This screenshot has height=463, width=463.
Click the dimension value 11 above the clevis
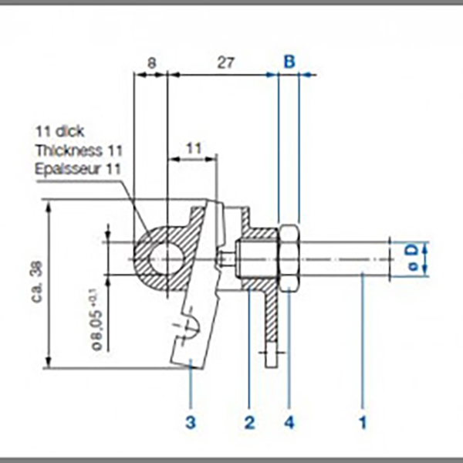[193, 146]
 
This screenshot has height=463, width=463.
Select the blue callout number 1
[362, 422]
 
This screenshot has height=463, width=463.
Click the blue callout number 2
[249, 422]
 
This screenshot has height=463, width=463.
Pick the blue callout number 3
[190, 422]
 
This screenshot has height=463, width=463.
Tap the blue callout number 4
[289, 422]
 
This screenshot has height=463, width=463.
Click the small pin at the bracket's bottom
[270, 357]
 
